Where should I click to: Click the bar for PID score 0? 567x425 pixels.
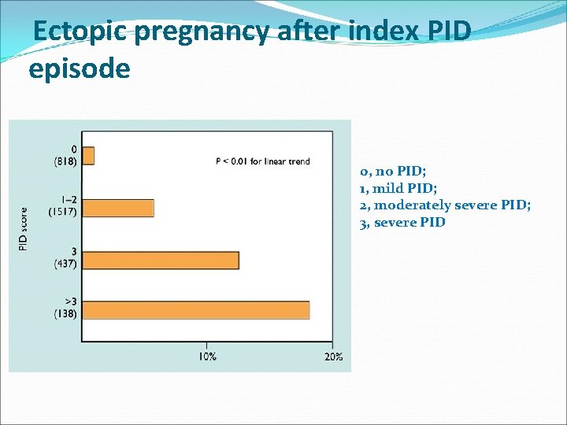point(88,156)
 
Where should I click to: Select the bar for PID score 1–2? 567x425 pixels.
point(118,208)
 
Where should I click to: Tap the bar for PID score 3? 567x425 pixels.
point(161,260)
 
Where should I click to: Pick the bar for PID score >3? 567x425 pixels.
point(195,310)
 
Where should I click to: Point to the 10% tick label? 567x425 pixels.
point(207,357)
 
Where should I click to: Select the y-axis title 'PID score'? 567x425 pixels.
point(23,230)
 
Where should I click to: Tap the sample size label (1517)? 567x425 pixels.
point(62,213)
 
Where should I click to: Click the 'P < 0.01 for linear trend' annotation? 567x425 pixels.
point(262,161)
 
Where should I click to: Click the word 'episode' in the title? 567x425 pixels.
point(79,68)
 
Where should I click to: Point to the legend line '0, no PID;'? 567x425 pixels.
point(393,171)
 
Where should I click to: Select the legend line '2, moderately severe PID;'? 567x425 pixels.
point(445,205)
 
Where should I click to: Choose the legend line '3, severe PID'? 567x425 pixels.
point(402,223)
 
